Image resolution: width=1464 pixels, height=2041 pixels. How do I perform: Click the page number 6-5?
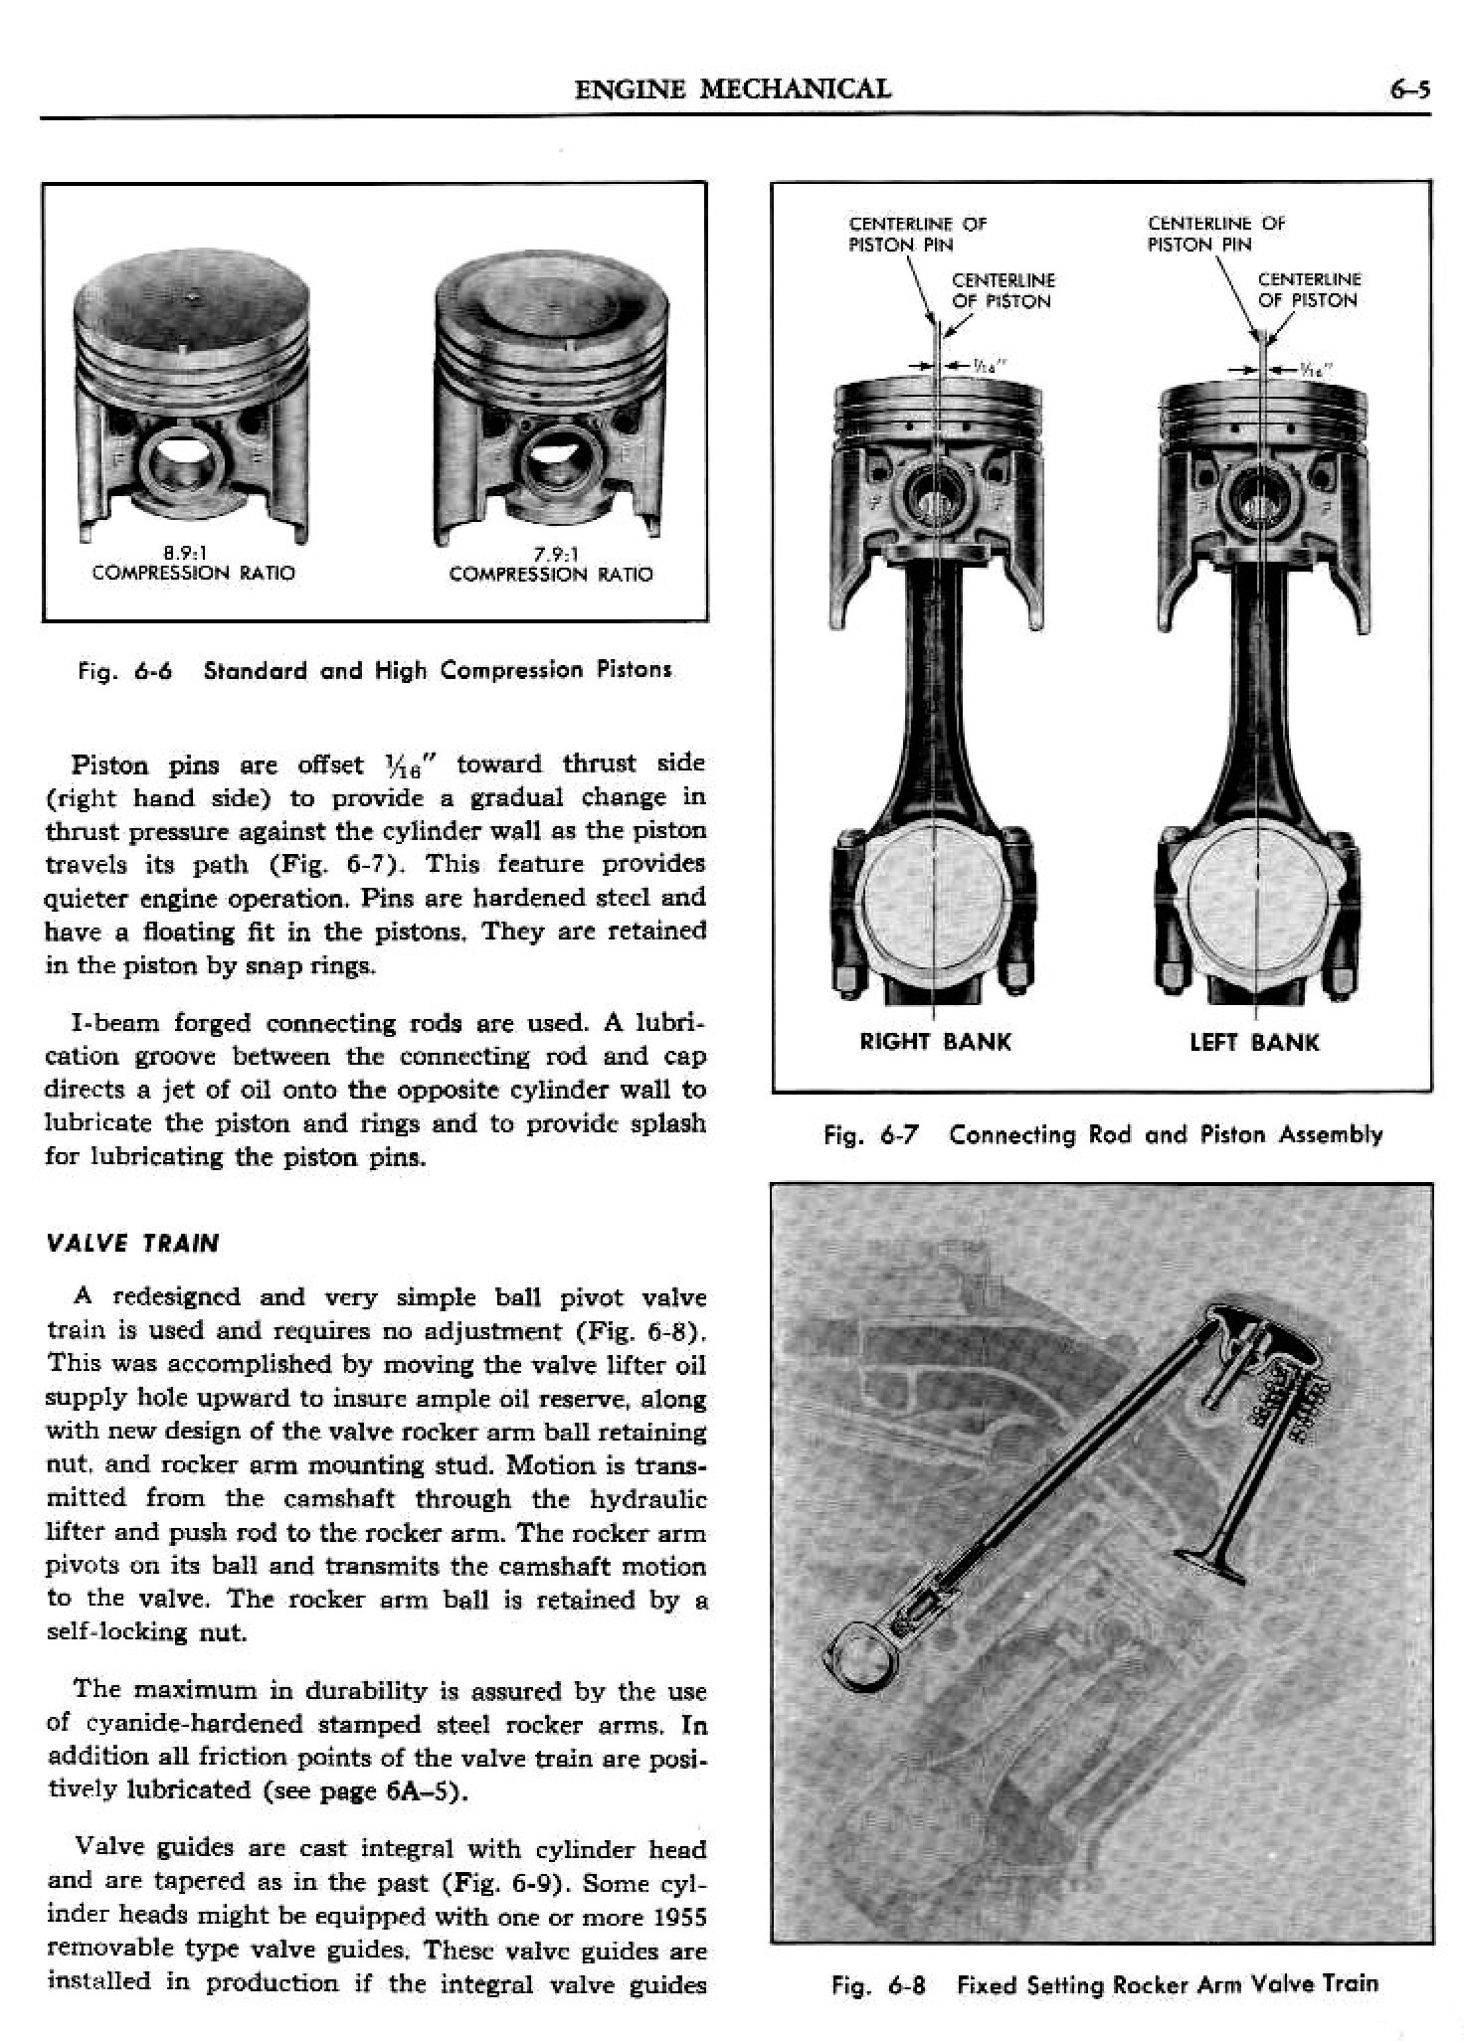pos(1408,90)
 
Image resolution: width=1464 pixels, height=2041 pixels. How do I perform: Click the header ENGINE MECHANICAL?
pos(733,89)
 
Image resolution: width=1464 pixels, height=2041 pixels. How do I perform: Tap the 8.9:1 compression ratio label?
pos(193,564)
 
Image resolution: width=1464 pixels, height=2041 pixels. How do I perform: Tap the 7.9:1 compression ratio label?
pos(551,565)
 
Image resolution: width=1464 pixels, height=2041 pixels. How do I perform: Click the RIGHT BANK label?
pos(935,1042)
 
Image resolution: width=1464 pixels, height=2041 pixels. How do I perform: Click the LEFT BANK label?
pos(1254,1042)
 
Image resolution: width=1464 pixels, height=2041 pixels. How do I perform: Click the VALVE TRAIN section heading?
pos(132,1243)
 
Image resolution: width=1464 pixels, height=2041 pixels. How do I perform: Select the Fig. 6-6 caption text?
pos(375,670)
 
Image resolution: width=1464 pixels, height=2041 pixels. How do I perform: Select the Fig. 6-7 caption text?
pos(1102,1134)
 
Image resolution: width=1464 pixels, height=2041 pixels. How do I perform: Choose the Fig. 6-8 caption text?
pos(1104,1985)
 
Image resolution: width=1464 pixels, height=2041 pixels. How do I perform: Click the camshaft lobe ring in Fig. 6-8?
pos(852,1655)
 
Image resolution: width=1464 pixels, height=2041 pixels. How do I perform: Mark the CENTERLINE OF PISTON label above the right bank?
pos(1003,290)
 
